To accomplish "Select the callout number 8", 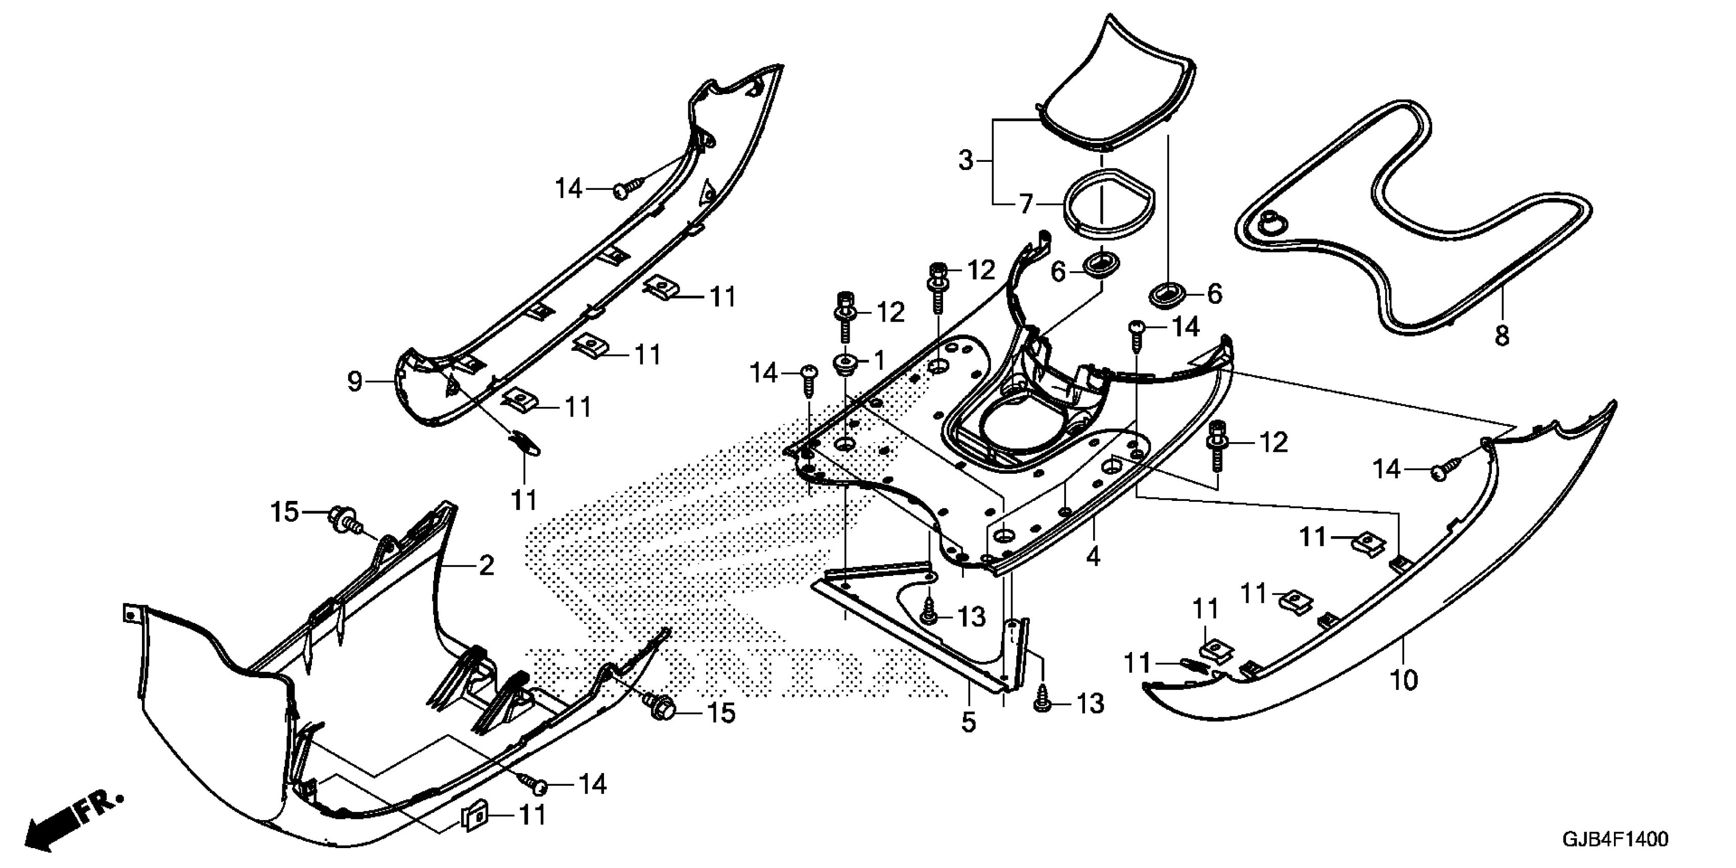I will pyautogui.click(x=1502, y=335).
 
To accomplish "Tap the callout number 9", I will pyautogui.click(x=354, y=382).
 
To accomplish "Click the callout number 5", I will pyautogui.click(x=968, y=722).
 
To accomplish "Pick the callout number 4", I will pyautogui.click(x=1093, y=556).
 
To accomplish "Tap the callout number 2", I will pyautogui.click(x=486, y=565).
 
